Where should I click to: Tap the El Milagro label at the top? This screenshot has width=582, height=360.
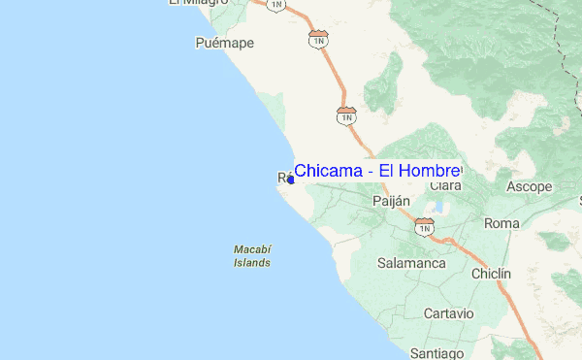pos(198,3)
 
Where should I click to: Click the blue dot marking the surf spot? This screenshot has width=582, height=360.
pos(291,179)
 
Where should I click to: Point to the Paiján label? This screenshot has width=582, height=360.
pos(392,201)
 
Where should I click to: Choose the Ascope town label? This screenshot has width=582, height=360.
pos(530,186)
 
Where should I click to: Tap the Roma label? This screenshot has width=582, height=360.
pos(501,223)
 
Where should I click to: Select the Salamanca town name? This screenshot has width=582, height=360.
pos(411,263)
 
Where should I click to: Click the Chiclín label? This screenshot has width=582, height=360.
pos(491,275)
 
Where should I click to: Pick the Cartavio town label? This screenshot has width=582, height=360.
pos(448,313)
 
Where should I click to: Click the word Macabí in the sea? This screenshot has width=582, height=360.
pos(251,249)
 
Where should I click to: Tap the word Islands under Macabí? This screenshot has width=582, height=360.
pos(251,262)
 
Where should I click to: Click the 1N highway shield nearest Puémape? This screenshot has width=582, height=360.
pos(318,39)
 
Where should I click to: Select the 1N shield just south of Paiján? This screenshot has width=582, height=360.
pos(424,226)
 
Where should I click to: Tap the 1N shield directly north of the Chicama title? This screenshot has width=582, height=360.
pos(346,115)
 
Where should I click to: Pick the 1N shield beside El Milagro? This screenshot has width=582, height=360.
pos(277,5)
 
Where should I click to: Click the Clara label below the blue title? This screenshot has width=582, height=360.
pos(445,185)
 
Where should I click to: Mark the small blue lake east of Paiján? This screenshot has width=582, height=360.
pos(439,207)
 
